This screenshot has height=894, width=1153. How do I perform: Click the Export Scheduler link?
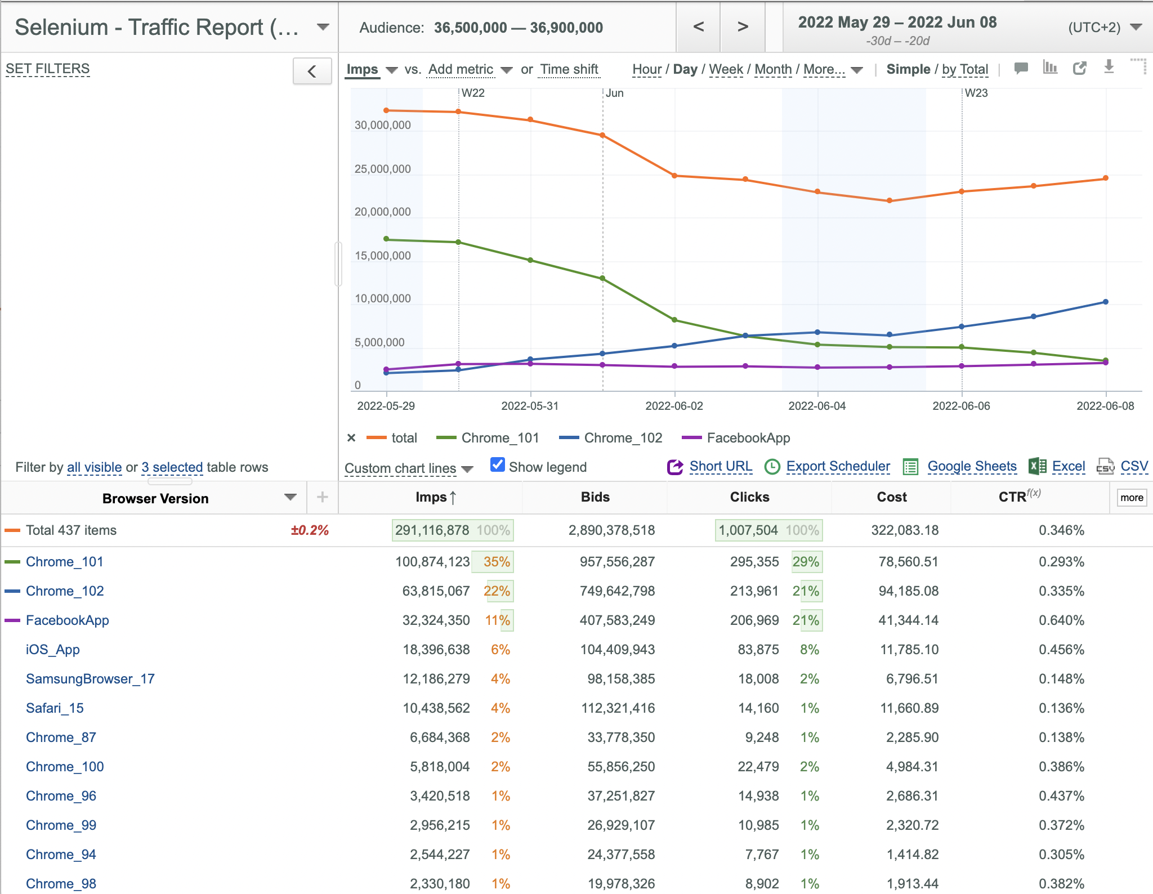pyautogui.click(x=838, y=466)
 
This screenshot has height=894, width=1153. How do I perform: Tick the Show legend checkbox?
pyautogui.click(x=498, y=465)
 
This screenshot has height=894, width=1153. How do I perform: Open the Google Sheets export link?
pyautogui.click(x=972, y=466)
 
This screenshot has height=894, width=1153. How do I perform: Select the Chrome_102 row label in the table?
pyautogui.click(x=65, y=591)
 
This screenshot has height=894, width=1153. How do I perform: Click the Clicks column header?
pyautogui.click(x=749, y=497)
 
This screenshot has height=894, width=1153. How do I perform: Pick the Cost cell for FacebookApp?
pyautogui.click(x=908, y=620)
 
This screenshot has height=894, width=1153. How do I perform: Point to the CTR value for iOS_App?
pyautogui.click(x=1061, y=650)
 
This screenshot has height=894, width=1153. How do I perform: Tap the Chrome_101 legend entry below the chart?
pyautogui.click(x=500, y=438)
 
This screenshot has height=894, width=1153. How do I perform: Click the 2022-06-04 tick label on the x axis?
pyautogui.click(x=817, y=406)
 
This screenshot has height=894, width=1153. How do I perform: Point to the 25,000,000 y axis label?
pyautogui.click(x=383, y=169)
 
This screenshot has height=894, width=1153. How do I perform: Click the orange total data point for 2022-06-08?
pyautogui.click(x=1106, y=178)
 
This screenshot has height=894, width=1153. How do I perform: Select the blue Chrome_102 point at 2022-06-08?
pyautogui.click(x=1106, y=302)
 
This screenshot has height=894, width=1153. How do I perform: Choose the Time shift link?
pyautogui.click(x=569, y=69)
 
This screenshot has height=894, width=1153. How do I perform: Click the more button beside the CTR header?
pyautogui.click(x=1132, y=498)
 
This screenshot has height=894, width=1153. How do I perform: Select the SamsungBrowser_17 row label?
pyautogui.click(x=90, y=679)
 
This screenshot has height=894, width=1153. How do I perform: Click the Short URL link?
pyautogui.click(x=721, y=466)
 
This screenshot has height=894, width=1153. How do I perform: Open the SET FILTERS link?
pyautogui.click(x=48, y=69)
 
